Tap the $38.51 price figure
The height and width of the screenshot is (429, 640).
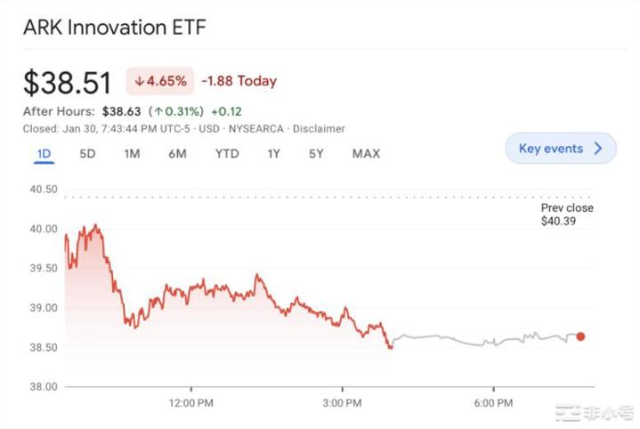[x=67, y=83]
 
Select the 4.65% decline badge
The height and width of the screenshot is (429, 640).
[x=160, y=81]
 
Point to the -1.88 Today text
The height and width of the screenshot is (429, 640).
[x=239, y=81]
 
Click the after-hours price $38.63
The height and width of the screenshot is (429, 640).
[x=124, y=111]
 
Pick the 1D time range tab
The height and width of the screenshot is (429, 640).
[x=45, y=153]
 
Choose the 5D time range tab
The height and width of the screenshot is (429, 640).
[x=87, y=153]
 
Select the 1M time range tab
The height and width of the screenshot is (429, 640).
[x=132, y=153]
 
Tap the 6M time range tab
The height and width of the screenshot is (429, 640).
[x=177, y=153]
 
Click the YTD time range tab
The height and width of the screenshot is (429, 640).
[x=227, y=153]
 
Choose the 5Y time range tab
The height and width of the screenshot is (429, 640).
[x=316, y=153]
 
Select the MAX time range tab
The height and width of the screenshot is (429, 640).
[x=366, y=153]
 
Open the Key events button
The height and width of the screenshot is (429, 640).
[x=561, y=149]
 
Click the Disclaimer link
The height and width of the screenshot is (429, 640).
[x=319, y=129]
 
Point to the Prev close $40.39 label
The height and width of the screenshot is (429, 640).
[x=567, y=214]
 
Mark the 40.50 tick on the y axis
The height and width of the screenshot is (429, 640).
[x=43, y=190]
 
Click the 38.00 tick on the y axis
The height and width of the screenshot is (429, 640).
[x=43, y=387]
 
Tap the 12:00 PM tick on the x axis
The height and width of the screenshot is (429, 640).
[x=192, y=404]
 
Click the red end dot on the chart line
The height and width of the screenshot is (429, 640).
[x=580, y=336]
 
